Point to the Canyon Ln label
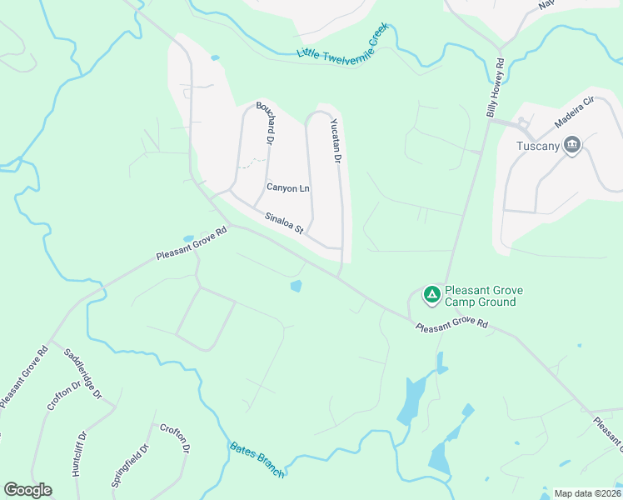[x=287, y=187]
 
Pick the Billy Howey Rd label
[x=496, y=87]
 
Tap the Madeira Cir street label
[x=574, y=112]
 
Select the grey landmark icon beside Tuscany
[x=572, y=145]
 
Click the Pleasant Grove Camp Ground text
[x=483, y=296]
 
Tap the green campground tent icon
[x=431, y=294]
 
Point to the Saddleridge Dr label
[x=82, y=371]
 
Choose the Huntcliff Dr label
[x=80, y=453]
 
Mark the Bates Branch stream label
[x=257, y=460]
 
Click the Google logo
[x=27, y=490]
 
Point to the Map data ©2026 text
[x=587, y=493]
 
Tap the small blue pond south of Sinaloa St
[x=296, y=287]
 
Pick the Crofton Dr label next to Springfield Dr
[x=183, y=438]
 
